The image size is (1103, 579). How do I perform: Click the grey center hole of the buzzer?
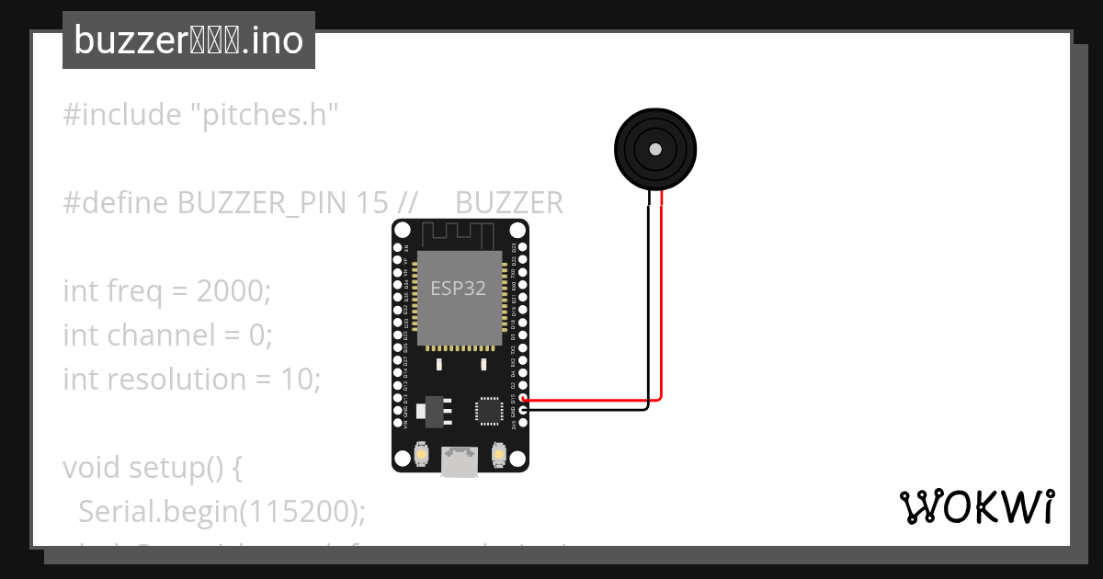point(654,149)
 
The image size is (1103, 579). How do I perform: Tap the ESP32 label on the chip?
point(458,288)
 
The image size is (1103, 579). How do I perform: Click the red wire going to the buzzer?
point(662,303)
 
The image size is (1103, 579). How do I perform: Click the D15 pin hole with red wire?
point(523,400)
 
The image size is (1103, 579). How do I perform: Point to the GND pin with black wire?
point(523,411)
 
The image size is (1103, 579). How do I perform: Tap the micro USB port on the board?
point(460,461)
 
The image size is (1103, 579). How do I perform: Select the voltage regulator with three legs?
point(431,410)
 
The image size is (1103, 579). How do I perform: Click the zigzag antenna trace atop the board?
point(460,233)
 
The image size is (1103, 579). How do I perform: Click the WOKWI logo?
point(975,506)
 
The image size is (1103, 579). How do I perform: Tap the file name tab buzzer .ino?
point(188,40)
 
